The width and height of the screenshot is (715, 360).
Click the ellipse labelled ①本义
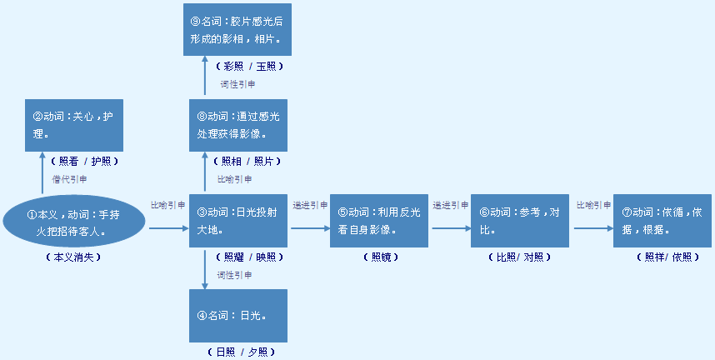tap(74, 220)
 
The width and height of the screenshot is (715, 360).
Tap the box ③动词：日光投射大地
tap(238, 220)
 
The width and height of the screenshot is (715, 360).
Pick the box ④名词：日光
tap(238, 316)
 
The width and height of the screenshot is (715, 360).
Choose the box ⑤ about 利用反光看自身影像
tap(379, 220)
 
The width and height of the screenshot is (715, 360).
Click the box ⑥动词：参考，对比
tap(519, 220)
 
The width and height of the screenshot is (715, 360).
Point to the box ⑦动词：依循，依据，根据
tap(662, 220)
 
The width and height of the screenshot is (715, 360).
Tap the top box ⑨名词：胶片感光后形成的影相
tap(238, 29)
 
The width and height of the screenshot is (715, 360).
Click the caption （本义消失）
tap(73, 257)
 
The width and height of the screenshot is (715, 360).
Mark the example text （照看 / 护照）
tap(83, 161)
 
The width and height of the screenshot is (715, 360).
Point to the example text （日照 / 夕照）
tap(240, 352)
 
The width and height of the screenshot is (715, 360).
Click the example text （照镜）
tap(379, 257)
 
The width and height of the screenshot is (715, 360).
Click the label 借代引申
tap(70, 179)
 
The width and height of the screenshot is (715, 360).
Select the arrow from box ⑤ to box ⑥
tap(450, 227)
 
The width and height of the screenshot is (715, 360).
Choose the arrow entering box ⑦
tap(592, 227)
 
